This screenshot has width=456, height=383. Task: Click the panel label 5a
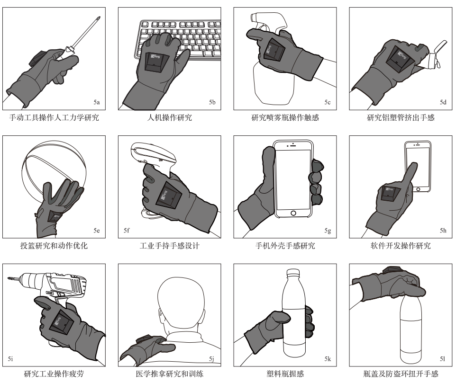click(97, 102)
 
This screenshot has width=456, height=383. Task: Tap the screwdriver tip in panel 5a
click(100, 18)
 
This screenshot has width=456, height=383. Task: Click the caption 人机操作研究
click(170, 117)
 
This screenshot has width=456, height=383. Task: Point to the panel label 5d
click(443, 102)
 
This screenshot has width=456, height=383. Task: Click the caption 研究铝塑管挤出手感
click(401, 117)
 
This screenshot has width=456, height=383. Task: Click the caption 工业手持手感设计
click(170, 246)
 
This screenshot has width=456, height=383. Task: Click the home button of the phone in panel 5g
click(293, 213)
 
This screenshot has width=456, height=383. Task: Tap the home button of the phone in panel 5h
click(418, 189)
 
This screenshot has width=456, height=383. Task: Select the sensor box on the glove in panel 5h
click(390, 194)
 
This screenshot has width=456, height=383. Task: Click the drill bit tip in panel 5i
click(9, 278)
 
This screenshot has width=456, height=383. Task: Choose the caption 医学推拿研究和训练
click(170, 374)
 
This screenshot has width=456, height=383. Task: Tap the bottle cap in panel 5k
click(293, 272)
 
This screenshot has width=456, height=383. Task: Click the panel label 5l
click(442, 359)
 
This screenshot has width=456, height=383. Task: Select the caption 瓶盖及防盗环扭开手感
click(401, 374)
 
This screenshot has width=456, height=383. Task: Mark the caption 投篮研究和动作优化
click(54, 246)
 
